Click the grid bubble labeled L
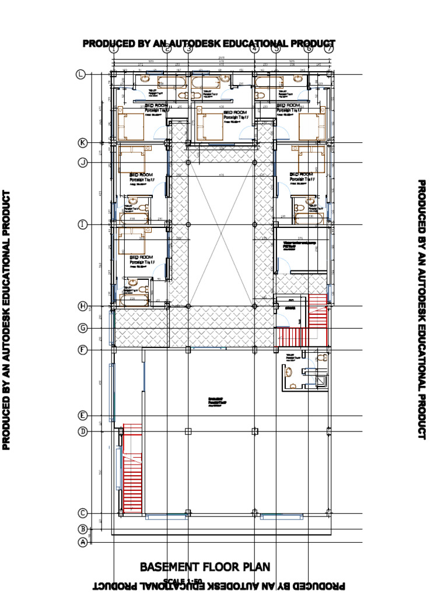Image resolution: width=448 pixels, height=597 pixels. [80, 74]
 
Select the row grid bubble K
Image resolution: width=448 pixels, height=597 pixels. [82, 143]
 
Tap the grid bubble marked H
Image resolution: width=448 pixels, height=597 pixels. [82, 306]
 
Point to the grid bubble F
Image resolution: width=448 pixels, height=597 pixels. [82, 350]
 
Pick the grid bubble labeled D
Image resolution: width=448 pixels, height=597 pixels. [82, 431]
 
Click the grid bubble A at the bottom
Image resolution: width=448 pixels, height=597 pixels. [82, 542]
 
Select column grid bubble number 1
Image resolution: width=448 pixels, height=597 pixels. [113, 49]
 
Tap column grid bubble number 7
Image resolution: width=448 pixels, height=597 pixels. [328, 49]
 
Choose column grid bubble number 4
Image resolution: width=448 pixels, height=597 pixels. [254, 49]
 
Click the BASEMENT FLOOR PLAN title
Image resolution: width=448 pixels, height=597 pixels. [205, 567]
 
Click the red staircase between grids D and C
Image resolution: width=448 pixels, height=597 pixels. [132, 470]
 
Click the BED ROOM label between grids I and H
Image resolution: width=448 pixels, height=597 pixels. [141, 257]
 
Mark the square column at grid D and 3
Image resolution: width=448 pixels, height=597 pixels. [188, 431]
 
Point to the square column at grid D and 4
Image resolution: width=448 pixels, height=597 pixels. [254, 431]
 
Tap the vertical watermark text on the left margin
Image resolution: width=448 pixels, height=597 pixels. [7, 320]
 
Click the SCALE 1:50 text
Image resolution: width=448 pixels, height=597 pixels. [183, 581]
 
